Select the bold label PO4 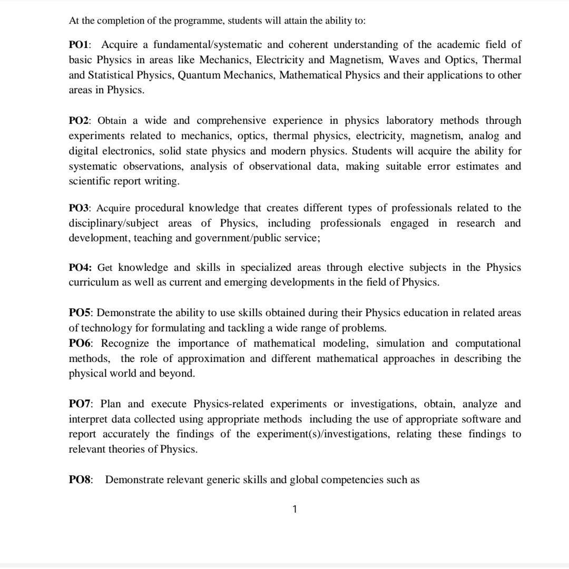coord(80,268)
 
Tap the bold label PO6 coord(80,344)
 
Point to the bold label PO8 coord(80,480)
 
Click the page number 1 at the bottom coord(295,509)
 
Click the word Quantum coord(199,75)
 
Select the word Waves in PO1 coord(403,60)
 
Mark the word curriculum coord(93,282)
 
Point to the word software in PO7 coord(473,419)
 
